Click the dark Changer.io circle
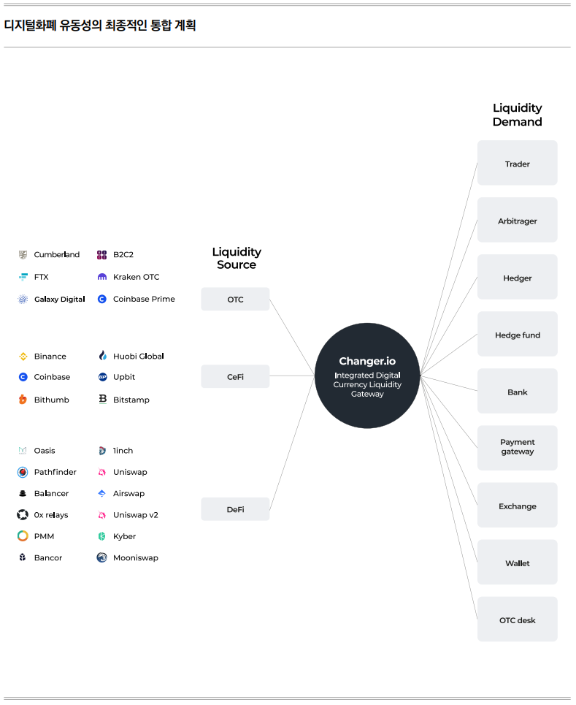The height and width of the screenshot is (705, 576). pyautogui.click(x=367, y=376)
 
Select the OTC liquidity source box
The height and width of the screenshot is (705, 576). pyautogui.click(x=235, y=299)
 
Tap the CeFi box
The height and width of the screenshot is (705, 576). pyautogui.click(x=235, y=376)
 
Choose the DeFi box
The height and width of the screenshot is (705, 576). pyautogui.click(x=235, y=509)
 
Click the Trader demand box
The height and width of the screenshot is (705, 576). pyautogui.click(x=517, y=163)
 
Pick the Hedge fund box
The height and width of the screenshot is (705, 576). pyautogui.click(x=517, y=334)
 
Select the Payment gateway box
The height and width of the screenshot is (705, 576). pyautogui.click(x=517, y=448)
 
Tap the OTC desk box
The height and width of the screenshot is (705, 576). pyautogui.click(x=517, y=619)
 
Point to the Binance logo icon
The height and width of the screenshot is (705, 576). pyautogui.click(x=23, y=356)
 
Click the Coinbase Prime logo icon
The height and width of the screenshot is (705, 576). pyautogui.click(x=102, y=299)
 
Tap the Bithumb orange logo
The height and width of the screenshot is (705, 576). pyautogui.click(x=23, y=400)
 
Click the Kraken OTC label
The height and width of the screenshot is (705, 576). pyautogui.click(x=136, y=277)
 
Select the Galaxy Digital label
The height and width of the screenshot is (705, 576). pyautogui.click(x=59, y=299)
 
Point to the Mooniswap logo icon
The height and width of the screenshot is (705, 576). pyautogui.click(x=102, y=557)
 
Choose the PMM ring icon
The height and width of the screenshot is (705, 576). pyautogui.click(x=23, y=536)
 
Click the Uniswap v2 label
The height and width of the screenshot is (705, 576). pyautogui.click(x=136, y=515)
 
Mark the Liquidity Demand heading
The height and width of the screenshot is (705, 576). pyautogui.click(x=517, y=115)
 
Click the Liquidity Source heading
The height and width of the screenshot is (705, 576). pyautogui.click(x=237, y=258)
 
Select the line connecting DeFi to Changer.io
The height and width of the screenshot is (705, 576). pyautogui.click(x=292, y=443)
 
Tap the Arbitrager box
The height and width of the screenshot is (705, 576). pyautogui.click(x=517, y=220)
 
